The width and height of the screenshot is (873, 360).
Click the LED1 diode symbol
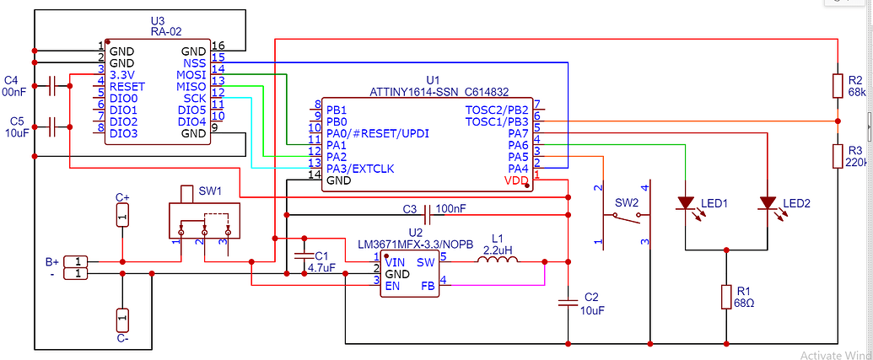pos(686,203)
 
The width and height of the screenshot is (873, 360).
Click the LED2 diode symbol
pos(768,203)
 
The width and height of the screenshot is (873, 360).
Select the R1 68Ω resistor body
pos(726,297)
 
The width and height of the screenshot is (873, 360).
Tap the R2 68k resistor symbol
pos(837,86)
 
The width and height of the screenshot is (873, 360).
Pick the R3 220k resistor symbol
pos(837,156)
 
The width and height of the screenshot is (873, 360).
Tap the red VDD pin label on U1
pos(518,180)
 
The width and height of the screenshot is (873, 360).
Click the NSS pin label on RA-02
pos(193,63)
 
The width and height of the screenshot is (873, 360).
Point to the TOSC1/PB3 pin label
pos(497,122)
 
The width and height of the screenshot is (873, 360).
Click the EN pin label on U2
pos(392,286)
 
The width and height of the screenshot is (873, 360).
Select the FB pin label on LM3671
pos(428,286)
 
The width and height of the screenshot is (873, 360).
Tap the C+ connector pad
pos(122,218)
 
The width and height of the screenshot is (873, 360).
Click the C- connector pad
pos(122,320)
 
